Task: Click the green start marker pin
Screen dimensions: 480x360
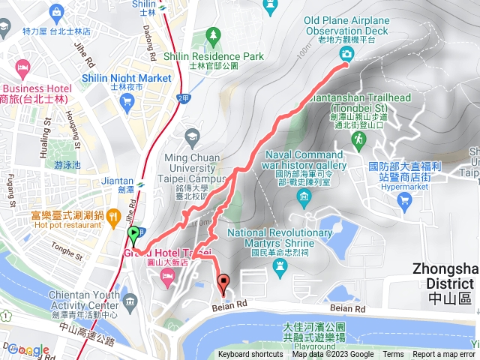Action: (134, 236)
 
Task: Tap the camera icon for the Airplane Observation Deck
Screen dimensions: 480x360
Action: (346, 53)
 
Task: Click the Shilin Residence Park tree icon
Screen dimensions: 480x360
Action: (214, 35)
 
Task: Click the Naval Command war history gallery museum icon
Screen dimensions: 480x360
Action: (304, 197)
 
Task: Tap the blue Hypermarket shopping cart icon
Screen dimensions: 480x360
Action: (405, 199)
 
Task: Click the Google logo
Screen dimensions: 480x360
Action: (29, 350)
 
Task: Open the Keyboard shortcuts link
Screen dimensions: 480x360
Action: (250, 355)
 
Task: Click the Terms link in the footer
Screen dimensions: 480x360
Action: (393, 355)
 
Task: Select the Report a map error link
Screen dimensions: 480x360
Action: (445, 355)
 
